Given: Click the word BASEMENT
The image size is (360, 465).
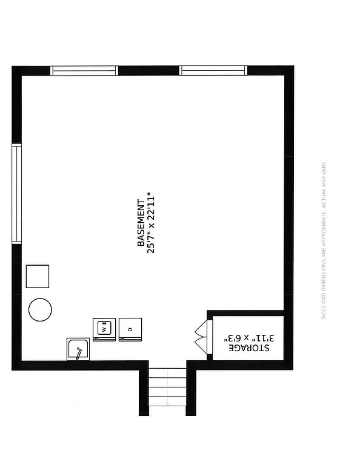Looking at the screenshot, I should click(x=141, y=223).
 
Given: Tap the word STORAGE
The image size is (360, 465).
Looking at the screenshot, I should click(x=249, y=349).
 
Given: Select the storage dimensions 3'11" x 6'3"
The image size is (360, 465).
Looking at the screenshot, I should click(x=249, y=337).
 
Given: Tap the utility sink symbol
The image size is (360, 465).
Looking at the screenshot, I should click(x=79, y=350).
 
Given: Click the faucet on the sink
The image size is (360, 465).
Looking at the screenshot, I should click(x=79, y=352).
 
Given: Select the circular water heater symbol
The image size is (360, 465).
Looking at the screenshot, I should click(x=40, y=310).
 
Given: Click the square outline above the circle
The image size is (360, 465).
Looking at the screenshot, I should click(x=38, y=277).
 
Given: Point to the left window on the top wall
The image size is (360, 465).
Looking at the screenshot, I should click(x=84, y=71).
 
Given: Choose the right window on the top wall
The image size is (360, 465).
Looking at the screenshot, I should click(x=214, y=71).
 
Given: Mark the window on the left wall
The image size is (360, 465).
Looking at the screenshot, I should click(x=17, y=194).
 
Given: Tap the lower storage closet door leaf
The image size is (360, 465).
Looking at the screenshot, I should click(x=201, y=346).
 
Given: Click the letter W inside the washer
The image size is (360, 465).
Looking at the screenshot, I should click(x=104, y=330).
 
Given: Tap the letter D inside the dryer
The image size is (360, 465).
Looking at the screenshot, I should click(x=130, y=330).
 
